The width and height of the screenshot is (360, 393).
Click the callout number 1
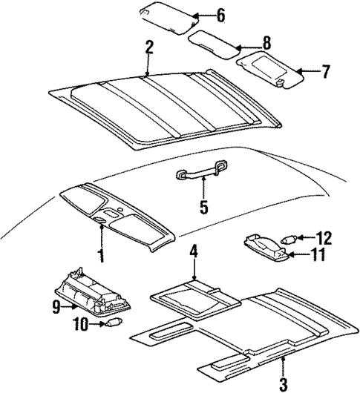coord(101,257)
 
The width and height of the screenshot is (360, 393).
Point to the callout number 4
coord(193,251)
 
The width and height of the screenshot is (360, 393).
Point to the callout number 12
coord(324,238)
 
